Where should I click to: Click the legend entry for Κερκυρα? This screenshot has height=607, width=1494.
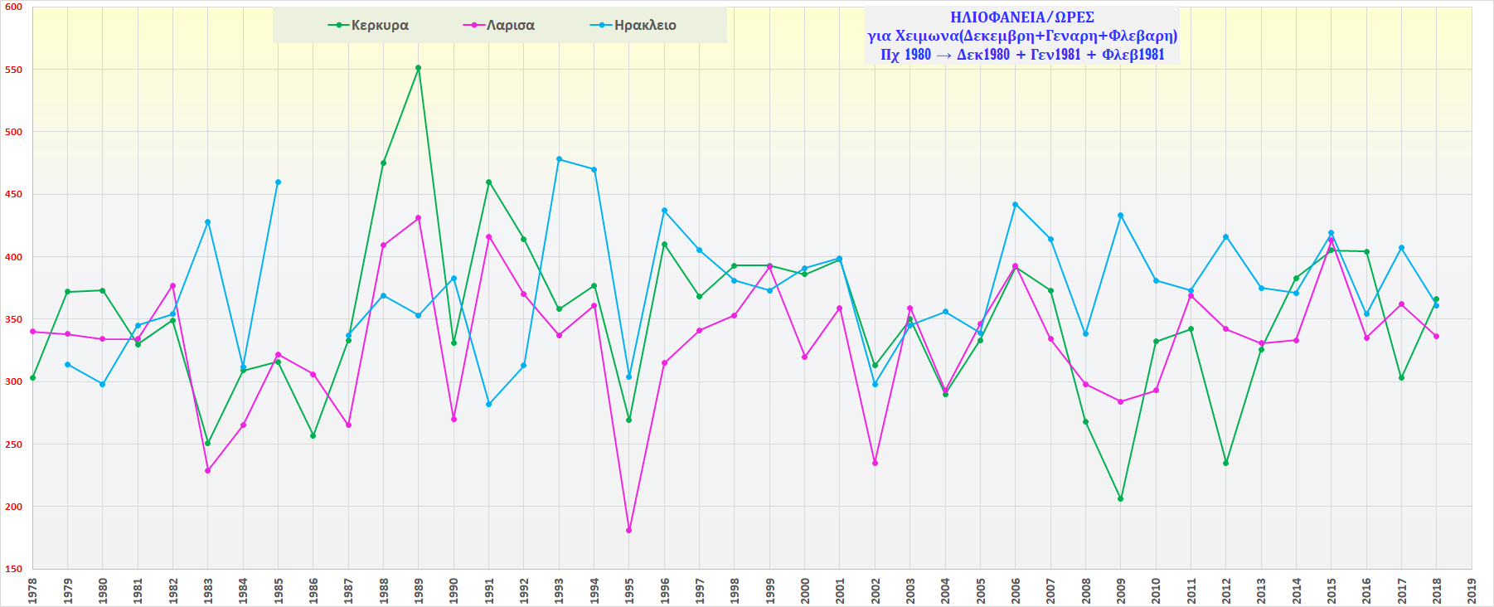tap(369, 26)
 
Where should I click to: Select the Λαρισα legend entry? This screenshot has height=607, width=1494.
tap(499, 26)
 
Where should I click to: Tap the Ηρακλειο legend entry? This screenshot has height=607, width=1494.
tap(633, 26)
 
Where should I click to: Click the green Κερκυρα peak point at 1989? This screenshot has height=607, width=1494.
tap(419, 68)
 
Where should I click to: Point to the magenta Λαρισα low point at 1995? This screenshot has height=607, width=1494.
tap(629, 530)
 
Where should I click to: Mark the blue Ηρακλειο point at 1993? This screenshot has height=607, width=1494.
tap(559, 159)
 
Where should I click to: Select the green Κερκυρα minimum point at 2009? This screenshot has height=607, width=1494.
tap(1121, 498)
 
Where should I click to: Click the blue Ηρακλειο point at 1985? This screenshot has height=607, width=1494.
tap(278, 182)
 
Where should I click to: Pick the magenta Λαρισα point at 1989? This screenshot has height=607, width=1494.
tap(419, 218)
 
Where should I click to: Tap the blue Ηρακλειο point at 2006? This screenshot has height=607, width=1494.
tap(1016, 205)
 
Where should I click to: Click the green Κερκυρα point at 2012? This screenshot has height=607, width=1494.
tap(1226, 463)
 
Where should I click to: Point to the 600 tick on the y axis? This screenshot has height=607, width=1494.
tap(14, 7)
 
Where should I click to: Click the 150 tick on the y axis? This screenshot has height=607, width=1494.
tap(14, 569)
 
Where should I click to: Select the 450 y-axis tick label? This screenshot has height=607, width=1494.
tap(14, 194)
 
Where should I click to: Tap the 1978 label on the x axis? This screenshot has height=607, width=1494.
tap(32, 590)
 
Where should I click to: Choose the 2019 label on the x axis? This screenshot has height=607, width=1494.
tap(1472, 590)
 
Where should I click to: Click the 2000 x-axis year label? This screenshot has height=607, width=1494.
tap(805, 590)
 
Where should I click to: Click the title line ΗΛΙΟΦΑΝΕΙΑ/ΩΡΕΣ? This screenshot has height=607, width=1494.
tap(1022, 17)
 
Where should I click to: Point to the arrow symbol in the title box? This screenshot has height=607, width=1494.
tap(943, 56)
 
